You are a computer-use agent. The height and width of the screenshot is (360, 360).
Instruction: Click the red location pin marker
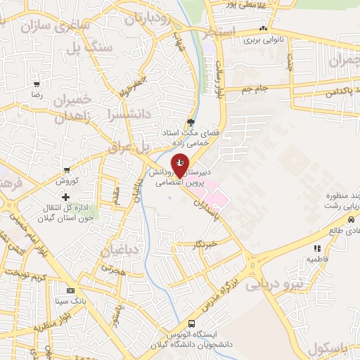pyautogui.click(x=180, y=165)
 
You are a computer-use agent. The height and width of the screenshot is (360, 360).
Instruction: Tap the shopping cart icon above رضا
pyautogui.click(x=37, y=84)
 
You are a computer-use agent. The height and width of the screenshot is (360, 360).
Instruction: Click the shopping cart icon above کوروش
pyautogui.click(x=66, y=169)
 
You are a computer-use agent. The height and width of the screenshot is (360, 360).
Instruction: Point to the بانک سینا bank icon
pyautogui.click(x=70, y=290)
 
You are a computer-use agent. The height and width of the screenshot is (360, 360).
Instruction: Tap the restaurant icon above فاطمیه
pyautogui.click(x=317, y=248)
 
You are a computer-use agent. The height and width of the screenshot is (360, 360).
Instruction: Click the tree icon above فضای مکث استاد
pyautogui.click(x=191, y=122)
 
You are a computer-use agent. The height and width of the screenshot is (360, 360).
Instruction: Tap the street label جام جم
pyautogui.click(x=255, y=89)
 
